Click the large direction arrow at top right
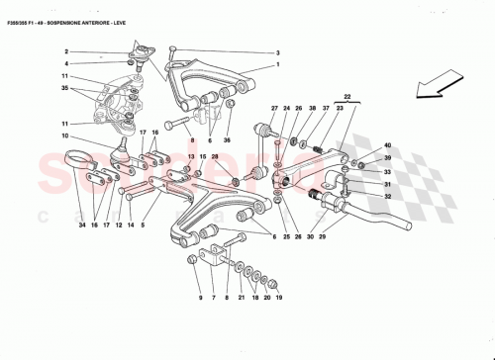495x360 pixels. (446, 84)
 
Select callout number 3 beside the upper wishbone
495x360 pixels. (278, 52)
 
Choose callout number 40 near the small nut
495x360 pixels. (387, 145)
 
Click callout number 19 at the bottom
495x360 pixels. (278, 297)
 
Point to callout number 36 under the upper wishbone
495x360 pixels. (227, 140)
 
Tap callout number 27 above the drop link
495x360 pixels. (275, 107)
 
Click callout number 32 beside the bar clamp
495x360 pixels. (387, 197)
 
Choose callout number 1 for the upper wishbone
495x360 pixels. (278, 66)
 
